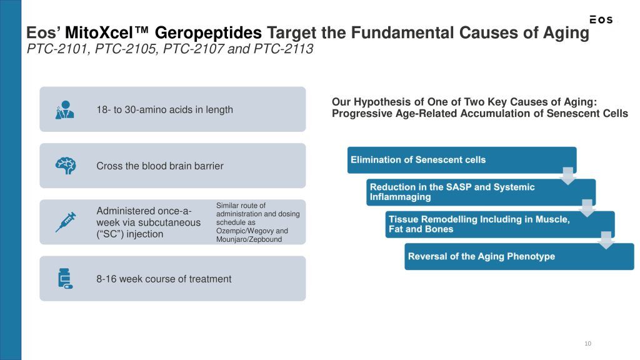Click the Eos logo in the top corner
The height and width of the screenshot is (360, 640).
(601, 19)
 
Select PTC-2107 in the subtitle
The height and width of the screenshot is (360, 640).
(193, 49)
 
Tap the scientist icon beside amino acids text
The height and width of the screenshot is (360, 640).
(65, 109)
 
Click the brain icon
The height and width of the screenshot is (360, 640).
(65, 166)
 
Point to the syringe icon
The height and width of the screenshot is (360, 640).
(65, 222)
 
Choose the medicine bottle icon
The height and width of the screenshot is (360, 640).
(65, 278)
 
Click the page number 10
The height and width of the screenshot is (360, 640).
(587, 343)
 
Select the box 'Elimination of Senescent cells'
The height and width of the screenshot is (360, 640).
(462, 160)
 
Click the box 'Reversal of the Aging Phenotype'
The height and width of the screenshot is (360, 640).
(519, 256)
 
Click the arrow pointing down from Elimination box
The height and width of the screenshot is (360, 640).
(567, 176)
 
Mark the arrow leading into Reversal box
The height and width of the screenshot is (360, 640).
(606, 241)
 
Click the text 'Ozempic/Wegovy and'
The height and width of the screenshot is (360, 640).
(252, 231)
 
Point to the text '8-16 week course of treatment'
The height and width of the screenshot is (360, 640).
(164, 279)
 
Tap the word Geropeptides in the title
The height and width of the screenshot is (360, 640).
(208, 33)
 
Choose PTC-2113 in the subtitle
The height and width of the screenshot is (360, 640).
(283, 49)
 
